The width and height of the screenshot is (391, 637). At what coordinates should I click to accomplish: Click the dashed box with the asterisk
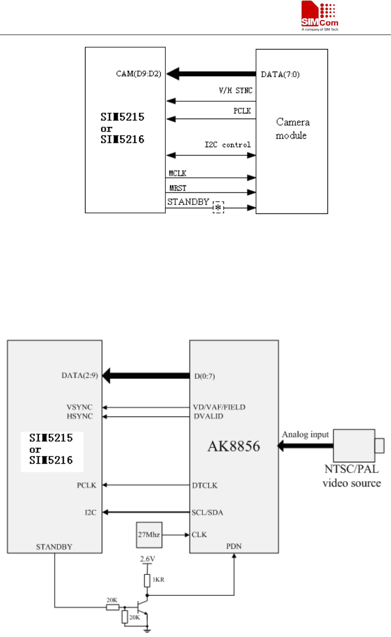point(218,206)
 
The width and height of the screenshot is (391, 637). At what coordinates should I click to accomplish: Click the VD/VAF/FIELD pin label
point(219,407)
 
